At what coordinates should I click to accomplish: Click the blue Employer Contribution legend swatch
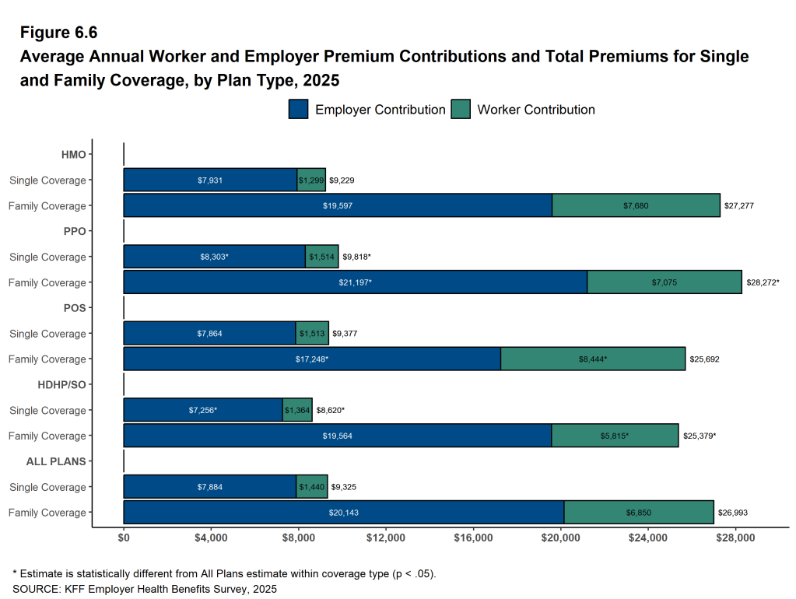tap(299, 110)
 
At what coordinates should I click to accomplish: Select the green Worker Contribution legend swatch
tap(461, 110)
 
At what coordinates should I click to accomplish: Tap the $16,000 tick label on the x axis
tap(474, 538)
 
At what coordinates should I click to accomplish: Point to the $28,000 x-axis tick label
tap(736, 538)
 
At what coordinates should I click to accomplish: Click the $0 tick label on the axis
tap(124, 538)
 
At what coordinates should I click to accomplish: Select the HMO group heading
tap(74, 155)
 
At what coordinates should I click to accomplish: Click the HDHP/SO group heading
tap(61, 385)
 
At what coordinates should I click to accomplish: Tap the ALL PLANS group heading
tap(56, 461)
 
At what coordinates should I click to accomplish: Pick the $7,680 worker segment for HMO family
tap(636, 205)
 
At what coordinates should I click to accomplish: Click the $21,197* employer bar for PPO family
tap(355, 282)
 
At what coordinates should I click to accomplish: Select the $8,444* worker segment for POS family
tap(593, 359)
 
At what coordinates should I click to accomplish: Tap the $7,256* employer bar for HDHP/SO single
tap(202, 410)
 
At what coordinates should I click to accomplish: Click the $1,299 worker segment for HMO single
tap(311, 180)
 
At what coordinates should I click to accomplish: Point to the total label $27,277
tap(739, 206)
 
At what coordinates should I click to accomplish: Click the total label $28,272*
tap(763, 282)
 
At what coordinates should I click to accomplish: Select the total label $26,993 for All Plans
tap(733, 513)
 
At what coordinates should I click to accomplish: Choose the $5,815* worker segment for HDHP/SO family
tap(615, 436)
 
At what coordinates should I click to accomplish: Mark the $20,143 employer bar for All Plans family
tap(343, 513)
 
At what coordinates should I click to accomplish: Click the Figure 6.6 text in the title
tap(59, 33)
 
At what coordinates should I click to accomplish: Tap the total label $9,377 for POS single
tap(345, 334)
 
